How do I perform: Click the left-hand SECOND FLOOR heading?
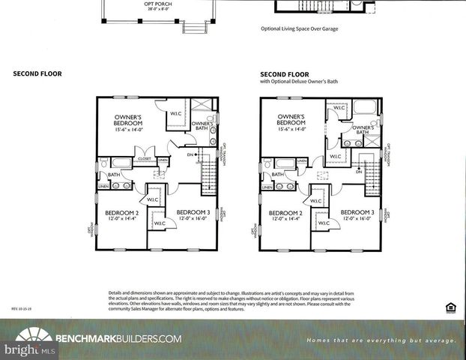[37, 73]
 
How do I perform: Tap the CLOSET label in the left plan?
[145, 159]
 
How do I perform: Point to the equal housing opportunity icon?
[450, 307]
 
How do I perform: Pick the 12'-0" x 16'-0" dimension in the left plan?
[192, 218]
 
